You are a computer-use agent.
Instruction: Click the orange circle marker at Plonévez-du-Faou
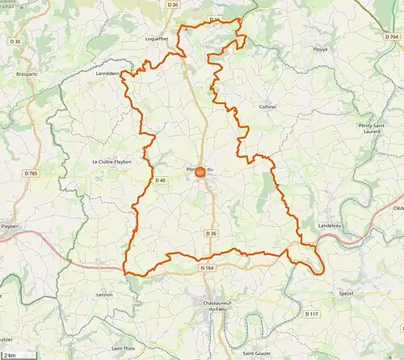point(200,170)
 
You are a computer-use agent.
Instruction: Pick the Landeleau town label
point(331,225)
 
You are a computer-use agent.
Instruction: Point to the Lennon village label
point(105,295)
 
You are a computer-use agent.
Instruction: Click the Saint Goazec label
point(259,354)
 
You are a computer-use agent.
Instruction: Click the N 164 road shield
point(207,267)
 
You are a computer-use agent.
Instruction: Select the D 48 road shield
point(160,180)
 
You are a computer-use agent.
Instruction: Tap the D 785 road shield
point(31,173)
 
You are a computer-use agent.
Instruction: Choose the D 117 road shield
point(312,313)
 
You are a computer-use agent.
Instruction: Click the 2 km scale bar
point(11,354)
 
